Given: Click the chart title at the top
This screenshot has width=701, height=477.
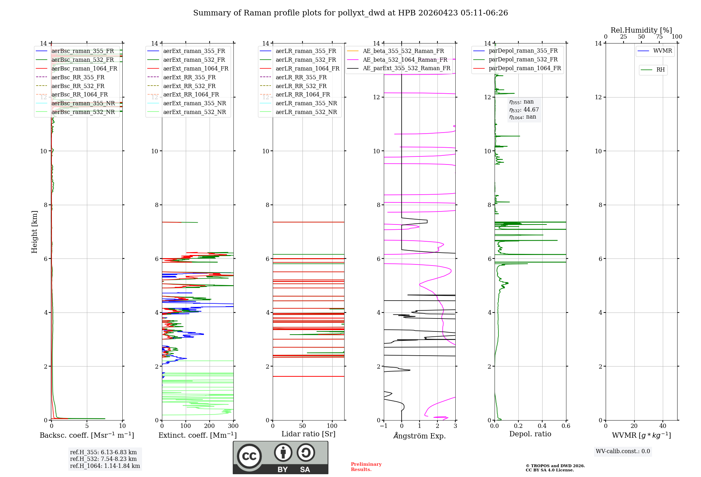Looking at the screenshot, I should click(350, 13).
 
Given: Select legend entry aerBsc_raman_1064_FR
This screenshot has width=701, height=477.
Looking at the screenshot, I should click(84, 68).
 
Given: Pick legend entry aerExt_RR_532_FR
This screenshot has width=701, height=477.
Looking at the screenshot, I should click(189, 86).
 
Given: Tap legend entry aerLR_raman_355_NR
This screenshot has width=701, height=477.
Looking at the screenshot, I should click(306, 103).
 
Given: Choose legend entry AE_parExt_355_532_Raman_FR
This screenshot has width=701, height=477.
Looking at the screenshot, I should click(406, 68).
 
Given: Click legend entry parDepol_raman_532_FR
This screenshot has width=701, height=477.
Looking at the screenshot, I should click(523, 60).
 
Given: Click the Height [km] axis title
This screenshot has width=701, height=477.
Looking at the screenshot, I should click(34, 231).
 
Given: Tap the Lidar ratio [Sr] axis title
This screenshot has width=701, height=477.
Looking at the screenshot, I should click(308, 434).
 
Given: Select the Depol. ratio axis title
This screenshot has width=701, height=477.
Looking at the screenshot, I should click(530, 434).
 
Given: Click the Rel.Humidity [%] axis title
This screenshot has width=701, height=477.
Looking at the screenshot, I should click(641, 30).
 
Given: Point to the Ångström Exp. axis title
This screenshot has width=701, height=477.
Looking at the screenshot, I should click(419, 436).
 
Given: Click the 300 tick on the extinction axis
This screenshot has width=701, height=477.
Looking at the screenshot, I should click(233, 426).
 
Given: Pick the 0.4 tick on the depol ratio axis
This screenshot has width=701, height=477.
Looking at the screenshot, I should click(542, 426).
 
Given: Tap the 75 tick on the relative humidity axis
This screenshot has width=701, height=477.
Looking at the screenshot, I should click(659, 37).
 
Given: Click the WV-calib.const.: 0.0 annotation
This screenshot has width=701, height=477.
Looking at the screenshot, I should click(622, 451).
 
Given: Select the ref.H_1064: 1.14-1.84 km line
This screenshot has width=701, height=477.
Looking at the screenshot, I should click(105, 466).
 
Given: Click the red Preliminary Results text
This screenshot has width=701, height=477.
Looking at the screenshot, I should click(366, 467).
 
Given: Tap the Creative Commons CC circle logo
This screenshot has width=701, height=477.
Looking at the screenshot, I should click(249, 456).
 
